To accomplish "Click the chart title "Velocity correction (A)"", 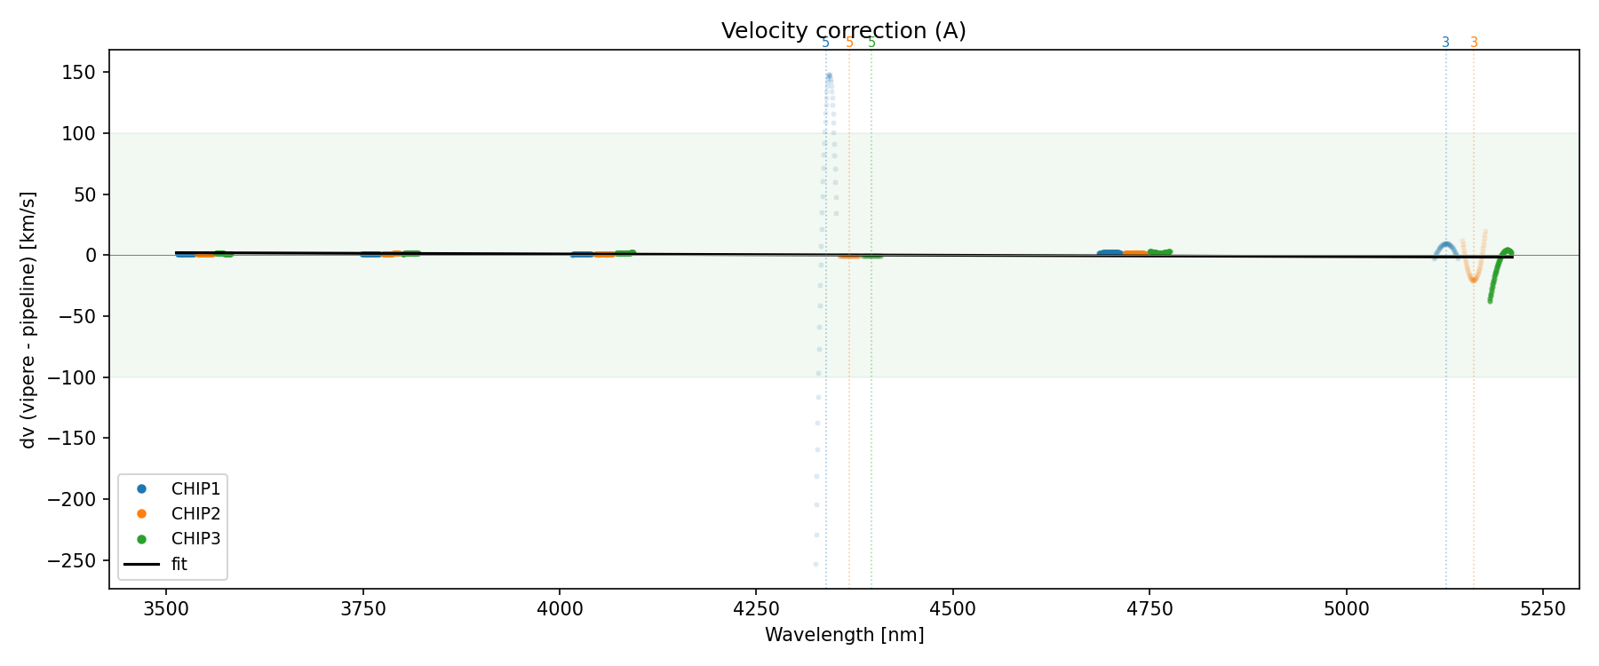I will click(x=843, y=31).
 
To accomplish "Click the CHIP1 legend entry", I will click(x=195, y=489).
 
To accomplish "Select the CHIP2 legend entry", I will click(x=195, y=514).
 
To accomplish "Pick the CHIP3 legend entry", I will click(x=195, y=539).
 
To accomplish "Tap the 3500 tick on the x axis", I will click(x=166, y=608).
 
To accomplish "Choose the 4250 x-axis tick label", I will click(x=756, y=608).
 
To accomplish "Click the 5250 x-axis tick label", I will click(x=1543, y=608).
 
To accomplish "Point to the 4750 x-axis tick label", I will click(x=1150, y=608).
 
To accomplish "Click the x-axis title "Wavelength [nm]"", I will click(x=844, y=635).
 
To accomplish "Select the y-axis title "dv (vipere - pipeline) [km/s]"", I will click(x=28, y=320).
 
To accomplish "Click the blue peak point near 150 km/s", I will click(x=829, y=76).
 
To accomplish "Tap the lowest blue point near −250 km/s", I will click(x=815, y=564).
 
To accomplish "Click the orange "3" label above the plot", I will click(x=1474, y=43).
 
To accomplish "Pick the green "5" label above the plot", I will click(x=871, y=43).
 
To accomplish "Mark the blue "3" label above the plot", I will click(x=1445, y=43).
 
